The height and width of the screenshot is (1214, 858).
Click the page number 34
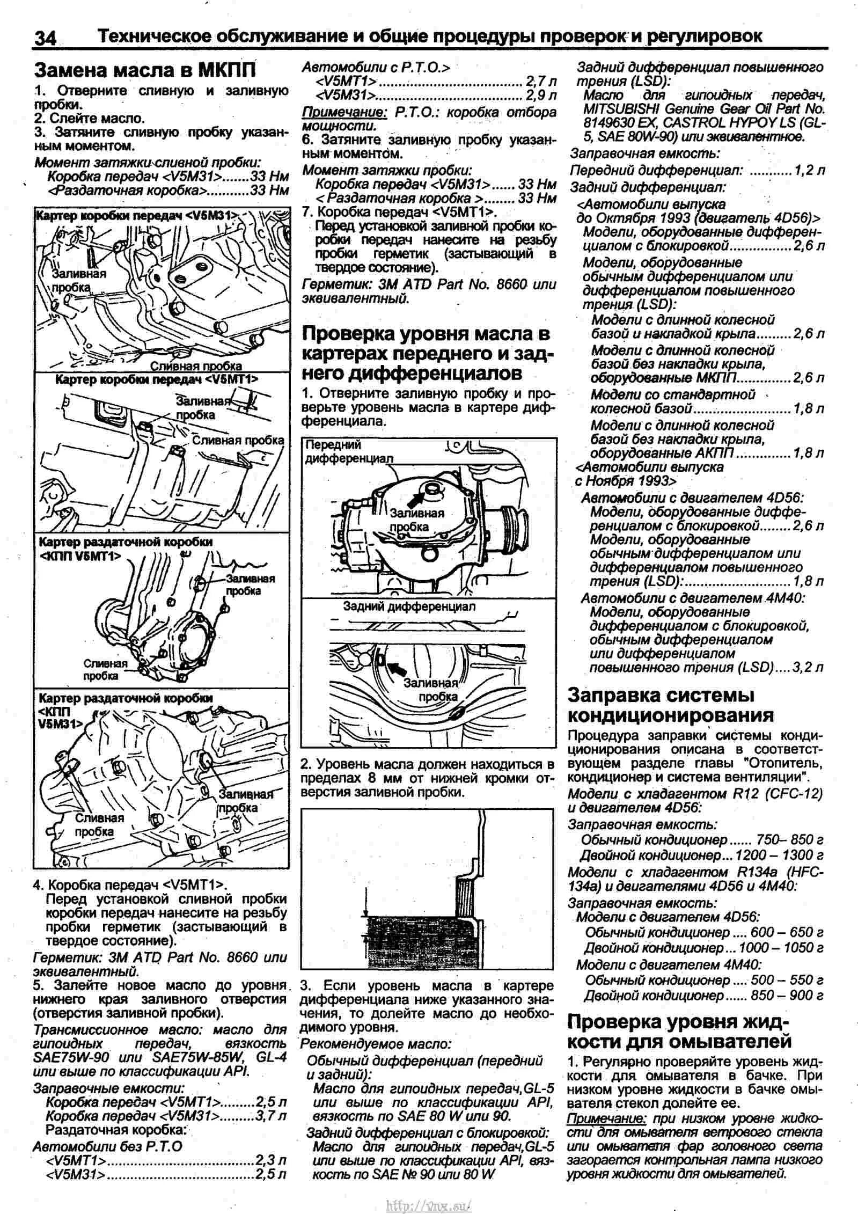pyautogui.click(x=46, y=38)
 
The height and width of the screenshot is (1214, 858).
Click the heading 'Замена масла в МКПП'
pyautogui.click(x=145, y=70)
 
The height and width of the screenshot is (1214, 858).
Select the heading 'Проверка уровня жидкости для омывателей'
pyautogui.click(x=679, y=1032)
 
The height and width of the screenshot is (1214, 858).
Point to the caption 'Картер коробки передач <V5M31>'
pyautogui.click(x=136, y=216)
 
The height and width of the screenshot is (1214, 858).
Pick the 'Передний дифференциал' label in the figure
pyautogui.click(x=349, y=451)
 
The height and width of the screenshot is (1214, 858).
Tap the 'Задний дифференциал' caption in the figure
pyautogui.click(x=409, y=606)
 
